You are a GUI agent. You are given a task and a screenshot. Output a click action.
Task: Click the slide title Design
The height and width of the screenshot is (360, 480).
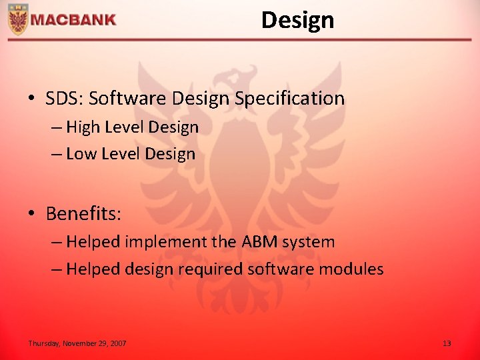[x=297, y=20]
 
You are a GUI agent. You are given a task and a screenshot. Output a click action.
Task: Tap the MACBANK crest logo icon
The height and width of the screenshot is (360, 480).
[x=17, y=19]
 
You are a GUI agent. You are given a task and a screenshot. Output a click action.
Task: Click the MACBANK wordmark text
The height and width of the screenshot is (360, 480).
[x=73, y=20]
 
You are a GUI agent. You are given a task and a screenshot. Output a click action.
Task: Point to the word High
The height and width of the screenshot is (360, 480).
[x=83, y=127]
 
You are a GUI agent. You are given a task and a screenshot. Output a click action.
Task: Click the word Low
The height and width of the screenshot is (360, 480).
[x=81, y=153]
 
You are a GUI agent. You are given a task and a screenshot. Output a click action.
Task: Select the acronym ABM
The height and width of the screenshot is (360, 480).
[x=259, y=241]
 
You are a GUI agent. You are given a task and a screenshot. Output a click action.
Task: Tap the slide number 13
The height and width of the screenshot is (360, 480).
[x=447, y=343]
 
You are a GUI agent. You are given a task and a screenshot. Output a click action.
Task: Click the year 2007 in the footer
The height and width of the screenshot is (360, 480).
[x=118, y=343]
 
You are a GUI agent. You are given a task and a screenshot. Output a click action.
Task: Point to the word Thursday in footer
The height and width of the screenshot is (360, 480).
[x=44, y=343]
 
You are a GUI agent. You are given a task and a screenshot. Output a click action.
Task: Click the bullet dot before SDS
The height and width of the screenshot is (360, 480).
[x=31, y=99]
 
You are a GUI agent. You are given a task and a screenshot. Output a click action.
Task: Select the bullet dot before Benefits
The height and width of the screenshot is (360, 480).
[x=31, y=214]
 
